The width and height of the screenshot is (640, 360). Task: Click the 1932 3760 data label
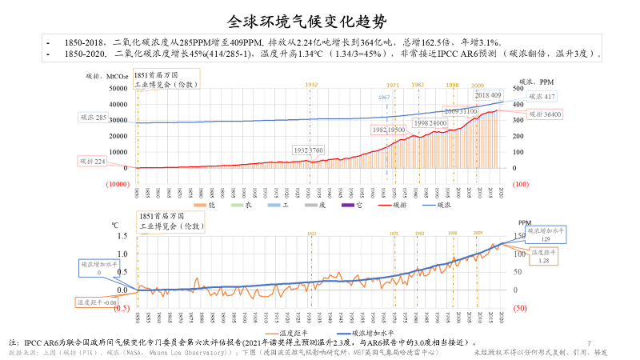click(308, 150)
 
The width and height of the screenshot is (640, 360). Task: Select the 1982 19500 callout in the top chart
click(389, 129)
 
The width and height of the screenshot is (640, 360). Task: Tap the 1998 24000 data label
click(430, 123)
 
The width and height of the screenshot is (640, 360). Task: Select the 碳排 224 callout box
click(93, 161)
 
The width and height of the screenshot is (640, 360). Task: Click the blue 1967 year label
click(384, 97)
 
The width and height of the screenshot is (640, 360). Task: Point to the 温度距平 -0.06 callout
click(96, 302)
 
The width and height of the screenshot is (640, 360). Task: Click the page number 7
click(589, 343)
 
